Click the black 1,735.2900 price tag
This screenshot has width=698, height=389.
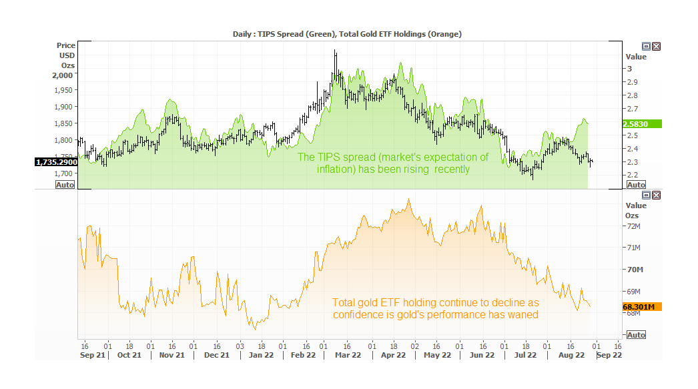click(57, 162)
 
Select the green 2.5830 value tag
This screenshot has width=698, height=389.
click(641, 123)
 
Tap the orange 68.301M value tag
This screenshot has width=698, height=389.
click(641, 307)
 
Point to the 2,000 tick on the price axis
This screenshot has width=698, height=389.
click(64, 75)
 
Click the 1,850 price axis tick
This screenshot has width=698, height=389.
click(64, 123)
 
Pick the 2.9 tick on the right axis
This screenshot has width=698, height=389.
click(632, 82)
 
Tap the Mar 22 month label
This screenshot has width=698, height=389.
click(347, 355)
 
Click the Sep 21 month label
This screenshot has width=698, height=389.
click(92, 355)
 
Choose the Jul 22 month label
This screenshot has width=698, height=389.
click(524, 355)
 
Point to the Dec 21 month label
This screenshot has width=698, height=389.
click(216, 355)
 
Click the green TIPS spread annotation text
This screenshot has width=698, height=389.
click(392, 163)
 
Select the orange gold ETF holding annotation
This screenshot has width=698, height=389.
click(435, 308)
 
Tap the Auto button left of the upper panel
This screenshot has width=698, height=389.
click(65, 185)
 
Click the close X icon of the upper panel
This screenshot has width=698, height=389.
click(657, 47)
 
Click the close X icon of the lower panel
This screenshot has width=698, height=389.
click(657, 195)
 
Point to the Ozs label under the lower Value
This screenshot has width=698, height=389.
click(632, 216)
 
